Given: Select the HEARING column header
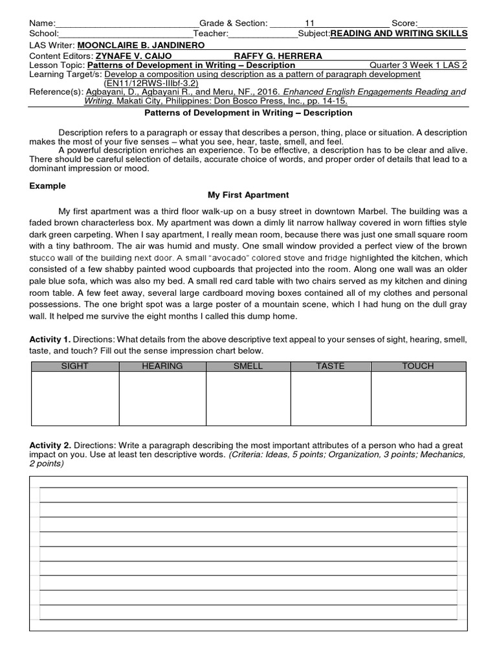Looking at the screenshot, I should [x=162, y=366].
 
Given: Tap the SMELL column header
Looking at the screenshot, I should [x=248, y=366].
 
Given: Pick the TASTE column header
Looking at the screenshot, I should [x=330, y=366].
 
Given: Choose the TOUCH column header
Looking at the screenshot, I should [x=418, y=366].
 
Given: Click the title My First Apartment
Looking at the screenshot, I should [x=248, y=195].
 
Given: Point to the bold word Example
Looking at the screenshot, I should [x=48, y=186].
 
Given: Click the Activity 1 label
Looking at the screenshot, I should [x=50, y=340].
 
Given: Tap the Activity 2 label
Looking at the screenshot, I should [x=50, y=445].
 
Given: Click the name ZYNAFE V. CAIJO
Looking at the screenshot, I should [x=133, y=56].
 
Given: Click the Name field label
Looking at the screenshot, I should [x=43, y=23].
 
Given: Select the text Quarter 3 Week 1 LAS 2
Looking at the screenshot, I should [x=418, y=65].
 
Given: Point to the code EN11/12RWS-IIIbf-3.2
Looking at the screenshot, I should [x=151, y=83].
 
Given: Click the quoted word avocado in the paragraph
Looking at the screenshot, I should [x=195, y=258].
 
